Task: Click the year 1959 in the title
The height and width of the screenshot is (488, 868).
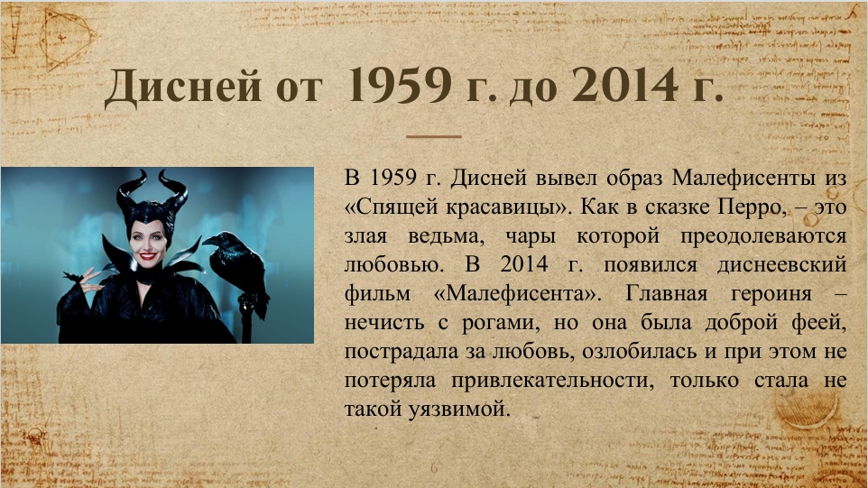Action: coord(399,85)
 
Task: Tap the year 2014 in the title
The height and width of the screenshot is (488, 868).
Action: coord(625,85)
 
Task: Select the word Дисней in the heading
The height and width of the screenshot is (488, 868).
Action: coord(182,87)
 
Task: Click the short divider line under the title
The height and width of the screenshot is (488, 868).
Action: coord(433,136)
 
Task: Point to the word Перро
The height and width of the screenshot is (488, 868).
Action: coord(752,207)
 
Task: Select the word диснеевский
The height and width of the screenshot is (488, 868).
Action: coord(781,265)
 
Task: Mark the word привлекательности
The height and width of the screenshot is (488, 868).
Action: coord(552,381)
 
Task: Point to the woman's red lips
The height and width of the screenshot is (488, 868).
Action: coord(148,256)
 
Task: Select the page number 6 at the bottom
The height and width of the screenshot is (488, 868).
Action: coord(434,468)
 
